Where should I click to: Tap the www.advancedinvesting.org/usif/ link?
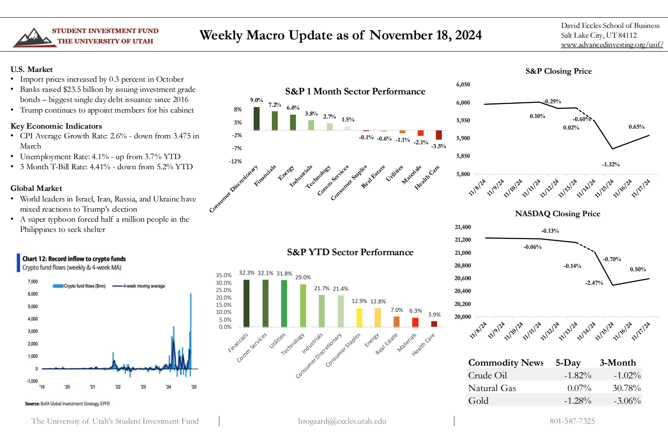612,45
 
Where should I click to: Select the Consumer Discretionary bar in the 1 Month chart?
257,118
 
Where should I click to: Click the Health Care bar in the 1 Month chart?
439,135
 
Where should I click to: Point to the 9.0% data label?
257,100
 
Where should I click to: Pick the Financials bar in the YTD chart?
246,303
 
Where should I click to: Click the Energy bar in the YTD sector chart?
378,317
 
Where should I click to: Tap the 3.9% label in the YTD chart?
434,315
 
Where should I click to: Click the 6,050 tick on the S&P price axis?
463,85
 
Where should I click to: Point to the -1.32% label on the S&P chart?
611,165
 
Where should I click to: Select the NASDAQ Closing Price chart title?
557,214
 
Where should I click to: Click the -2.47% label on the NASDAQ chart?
594,283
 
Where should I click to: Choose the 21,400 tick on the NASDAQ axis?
463,227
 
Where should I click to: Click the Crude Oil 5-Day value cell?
578,375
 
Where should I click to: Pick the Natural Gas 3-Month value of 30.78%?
627,388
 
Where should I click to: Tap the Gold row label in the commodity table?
478,401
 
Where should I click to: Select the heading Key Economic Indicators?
56,126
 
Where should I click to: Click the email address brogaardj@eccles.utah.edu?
342,421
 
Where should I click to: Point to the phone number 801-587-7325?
572,421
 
